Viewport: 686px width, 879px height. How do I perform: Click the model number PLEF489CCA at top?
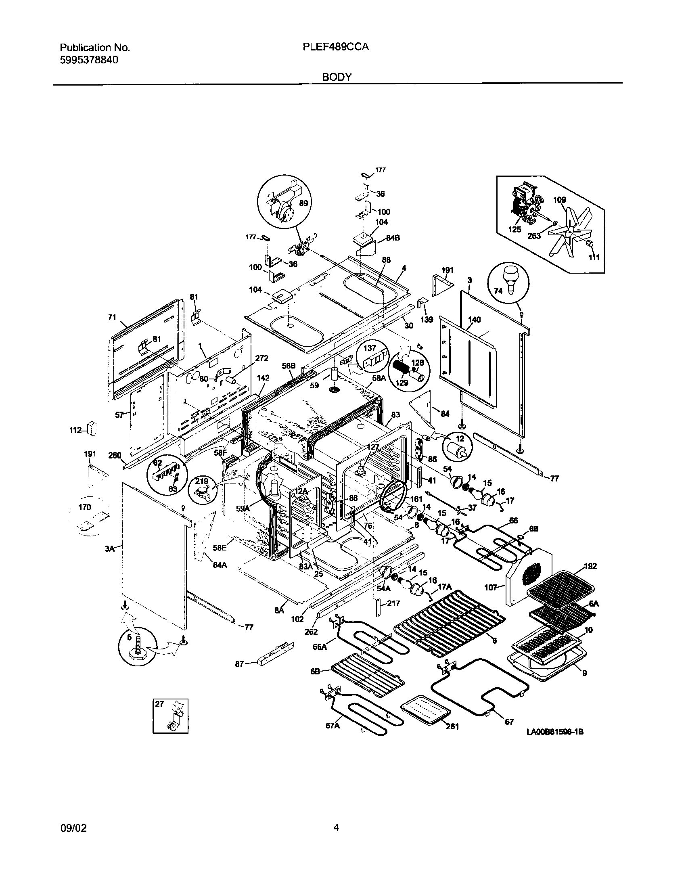click(x=335, y=47)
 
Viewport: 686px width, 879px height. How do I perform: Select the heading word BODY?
click(x=337, y=77)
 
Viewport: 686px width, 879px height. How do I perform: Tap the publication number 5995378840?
click(x=89, y=61)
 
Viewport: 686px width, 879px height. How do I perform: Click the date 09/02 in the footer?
click(x=73, y=828)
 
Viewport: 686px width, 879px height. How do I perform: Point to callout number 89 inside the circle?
click(x=303, y=203)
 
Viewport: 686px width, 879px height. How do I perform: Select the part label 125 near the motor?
click(x=514, y=229)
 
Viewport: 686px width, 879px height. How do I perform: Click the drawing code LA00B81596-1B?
click(x=555, y=732)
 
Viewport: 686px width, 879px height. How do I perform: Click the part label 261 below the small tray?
click(x=453, y=726)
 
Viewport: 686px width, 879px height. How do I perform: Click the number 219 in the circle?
click(x=202, y=481)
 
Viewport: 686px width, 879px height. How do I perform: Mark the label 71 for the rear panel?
click(x=112, y=317)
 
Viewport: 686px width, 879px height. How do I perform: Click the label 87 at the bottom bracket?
click(x=240, y=664)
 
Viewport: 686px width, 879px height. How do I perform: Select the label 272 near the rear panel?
click(x=261, y=358)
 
